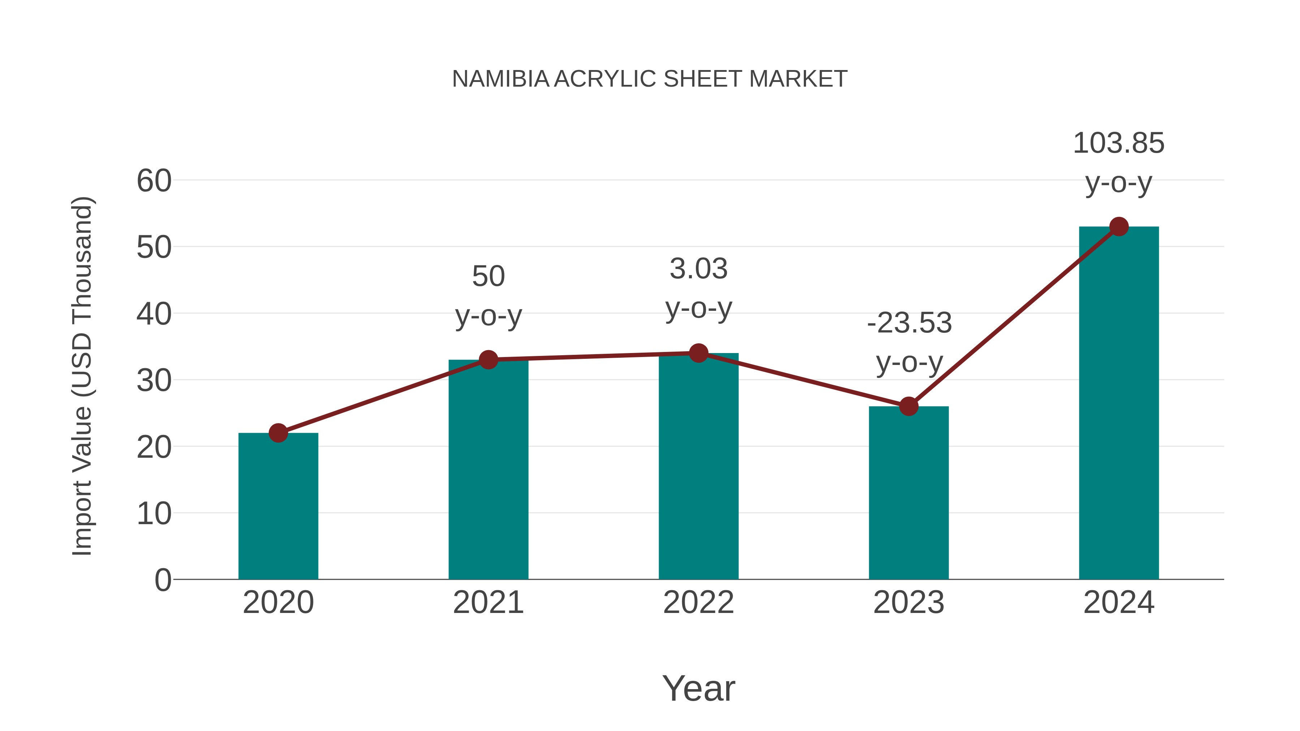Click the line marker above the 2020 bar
(x=278, y=433)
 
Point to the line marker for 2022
(x=698, y=353)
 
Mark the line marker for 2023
(x=909, y=406)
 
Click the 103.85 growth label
(x=1119, y=143)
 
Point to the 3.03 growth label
(x=698, y=269)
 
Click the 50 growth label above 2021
(x=488, y=277)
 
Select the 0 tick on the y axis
(x=162, y=580)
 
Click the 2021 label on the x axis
(x=488, y=602)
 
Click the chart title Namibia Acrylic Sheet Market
(x=650, y=79)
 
